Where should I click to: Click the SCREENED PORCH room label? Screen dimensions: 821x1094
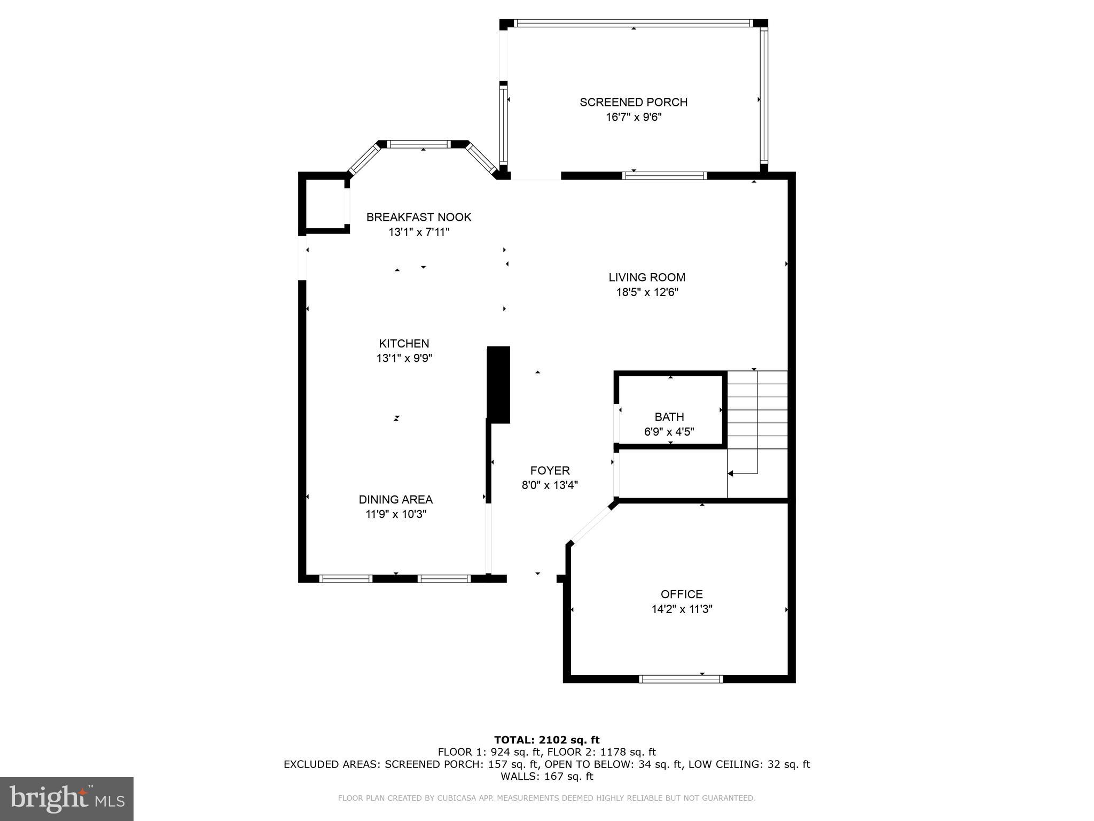(x=634, y=102)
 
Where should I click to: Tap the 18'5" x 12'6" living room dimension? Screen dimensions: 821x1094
(x=647, y=292)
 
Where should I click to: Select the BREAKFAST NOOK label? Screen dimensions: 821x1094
(x=419, y=217)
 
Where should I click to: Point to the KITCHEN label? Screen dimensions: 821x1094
(x=404, y=344)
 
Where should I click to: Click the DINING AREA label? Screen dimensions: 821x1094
(x=395, y=500)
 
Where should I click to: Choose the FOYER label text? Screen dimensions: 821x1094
(x=550, y=470)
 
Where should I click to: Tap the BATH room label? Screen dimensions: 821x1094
(x=669, y=417)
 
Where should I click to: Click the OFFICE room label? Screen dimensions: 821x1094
(x=682, y=594)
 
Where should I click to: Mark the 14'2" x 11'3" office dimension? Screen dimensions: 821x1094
(x=682, y=609)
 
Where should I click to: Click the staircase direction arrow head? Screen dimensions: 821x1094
(x=731, y=474)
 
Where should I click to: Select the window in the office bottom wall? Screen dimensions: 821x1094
(x=681, y=679)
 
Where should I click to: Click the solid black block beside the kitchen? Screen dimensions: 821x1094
(x=499, y=385)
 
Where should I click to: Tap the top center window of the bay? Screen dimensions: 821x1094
(x=419, y=144)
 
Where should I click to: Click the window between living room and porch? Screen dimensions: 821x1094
(x=665, y=176)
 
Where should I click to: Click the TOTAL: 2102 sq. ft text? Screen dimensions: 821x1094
(x=546, y=740)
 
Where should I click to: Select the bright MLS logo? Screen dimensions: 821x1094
(x=67, y=799)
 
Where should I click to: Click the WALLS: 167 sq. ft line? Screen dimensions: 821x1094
(x=546, y=776)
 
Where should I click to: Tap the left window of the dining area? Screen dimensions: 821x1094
(x=346, y=578)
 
